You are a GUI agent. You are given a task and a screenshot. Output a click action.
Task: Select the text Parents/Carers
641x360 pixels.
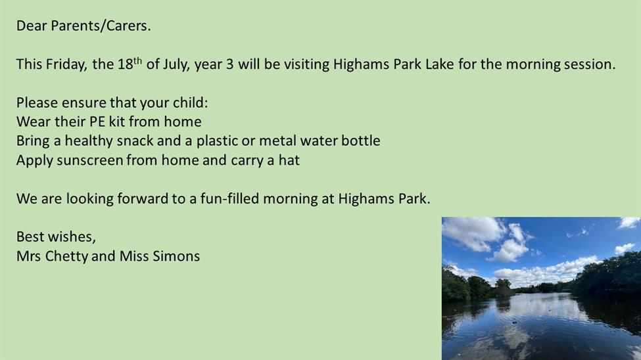[x=101, y=26]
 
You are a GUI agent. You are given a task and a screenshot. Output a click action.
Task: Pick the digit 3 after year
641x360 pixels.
[x=229, y=64]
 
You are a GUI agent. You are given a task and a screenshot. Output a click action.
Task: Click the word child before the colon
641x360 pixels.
[x=190, y=102]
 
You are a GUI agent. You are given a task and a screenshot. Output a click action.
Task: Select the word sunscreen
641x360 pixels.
[x=90, y=160]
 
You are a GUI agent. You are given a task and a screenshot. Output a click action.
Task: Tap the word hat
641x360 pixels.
[x=289, y=160]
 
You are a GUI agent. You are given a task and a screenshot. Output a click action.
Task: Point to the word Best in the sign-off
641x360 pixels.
[x=30, y=237]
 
